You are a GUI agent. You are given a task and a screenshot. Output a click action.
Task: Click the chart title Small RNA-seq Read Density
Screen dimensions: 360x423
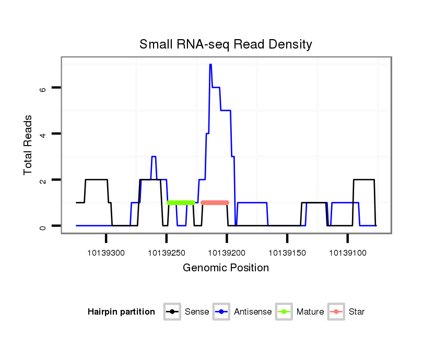point(226,44)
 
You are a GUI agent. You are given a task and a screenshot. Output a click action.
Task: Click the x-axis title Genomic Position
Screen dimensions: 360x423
point(226,268)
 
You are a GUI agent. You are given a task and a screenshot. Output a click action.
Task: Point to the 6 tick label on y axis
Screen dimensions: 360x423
point(43,88)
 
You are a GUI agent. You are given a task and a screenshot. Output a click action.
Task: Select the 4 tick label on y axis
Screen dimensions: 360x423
point(43,134)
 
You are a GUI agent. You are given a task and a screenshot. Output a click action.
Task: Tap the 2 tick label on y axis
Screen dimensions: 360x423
point(43,180)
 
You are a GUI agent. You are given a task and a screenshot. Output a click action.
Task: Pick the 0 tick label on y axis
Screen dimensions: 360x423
point(43,226)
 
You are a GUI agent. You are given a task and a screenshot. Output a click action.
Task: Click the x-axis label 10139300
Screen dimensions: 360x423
point(106,253)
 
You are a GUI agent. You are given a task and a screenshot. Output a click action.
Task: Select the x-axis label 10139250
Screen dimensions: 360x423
point(167,253)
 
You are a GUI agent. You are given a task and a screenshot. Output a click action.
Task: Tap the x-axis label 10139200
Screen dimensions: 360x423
point(227,253)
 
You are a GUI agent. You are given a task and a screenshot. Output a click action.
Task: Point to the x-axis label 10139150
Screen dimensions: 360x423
point(287,253)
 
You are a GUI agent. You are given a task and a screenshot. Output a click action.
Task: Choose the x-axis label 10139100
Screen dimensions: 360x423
point(348,253)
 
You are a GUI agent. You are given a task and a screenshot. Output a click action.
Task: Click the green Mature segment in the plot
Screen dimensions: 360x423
point(181,202)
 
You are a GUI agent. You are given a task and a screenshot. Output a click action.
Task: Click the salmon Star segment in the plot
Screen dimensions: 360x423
point(215,202)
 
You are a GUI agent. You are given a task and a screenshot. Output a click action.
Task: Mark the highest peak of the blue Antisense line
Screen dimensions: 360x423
point(210,65)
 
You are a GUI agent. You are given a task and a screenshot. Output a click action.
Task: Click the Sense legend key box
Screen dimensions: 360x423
point(172,312)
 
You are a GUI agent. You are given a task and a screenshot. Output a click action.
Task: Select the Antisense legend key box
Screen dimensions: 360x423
point(221,312)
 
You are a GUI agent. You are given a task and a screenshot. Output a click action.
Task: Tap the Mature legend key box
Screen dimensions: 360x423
point(284,312)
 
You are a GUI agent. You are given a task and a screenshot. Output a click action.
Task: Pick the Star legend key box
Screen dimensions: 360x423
point(336,312)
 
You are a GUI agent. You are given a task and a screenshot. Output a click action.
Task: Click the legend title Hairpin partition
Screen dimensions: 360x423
point(121,312)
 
